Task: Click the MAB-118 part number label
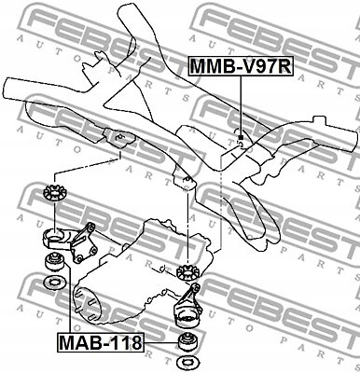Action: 102,342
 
